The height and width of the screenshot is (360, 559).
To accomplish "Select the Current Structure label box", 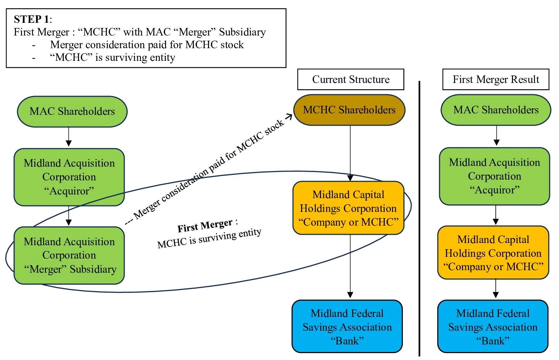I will pos(350,79).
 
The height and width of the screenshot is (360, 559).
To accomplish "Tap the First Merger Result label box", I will pos(496,79).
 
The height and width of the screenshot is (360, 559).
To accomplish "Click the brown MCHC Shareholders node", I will pos(349,110).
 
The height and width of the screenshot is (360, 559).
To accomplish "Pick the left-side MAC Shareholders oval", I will pos(72,112).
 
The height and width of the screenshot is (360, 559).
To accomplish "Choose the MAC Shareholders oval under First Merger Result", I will pos(496,110).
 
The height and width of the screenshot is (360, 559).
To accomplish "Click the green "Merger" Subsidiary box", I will pos(69,255).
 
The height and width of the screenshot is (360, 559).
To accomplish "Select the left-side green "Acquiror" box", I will pos(69,177).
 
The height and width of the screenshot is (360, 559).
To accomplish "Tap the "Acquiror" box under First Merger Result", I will pos(495,176).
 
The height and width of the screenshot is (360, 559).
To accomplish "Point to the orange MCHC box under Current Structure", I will pos(348,208).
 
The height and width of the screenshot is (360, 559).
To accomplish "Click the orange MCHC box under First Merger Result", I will pos(493,253).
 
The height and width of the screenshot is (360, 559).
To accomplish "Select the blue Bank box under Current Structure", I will pos(347,327).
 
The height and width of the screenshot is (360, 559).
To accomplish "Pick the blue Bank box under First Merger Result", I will pos(493,327).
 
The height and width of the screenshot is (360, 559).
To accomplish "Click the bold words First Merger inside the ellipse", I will pos(205,226).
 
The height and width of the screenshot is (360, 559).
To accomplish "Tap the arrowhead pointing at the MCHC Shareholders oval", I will pos(289,117).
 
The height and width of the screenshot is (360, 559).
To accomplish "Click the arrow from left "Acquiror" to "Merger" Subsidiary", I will pos(68,216).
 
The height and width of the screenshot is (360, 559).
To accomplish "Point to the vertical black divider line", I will pos(420,217).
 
